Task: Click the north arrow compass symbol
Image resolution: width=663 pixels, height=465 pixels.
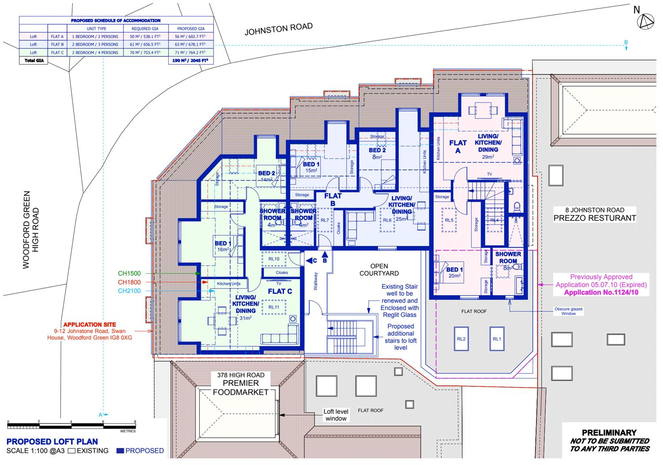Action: coord(645,22)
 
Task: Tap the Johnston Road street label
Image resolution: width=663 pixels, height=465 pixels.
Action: coord(278,29)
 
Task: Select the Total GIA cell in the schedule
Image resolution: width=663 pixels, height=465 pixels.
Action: coord(33,61)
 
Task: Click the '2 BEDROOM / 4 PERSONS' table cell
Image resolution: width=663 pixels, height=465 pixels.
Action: coord(95,53)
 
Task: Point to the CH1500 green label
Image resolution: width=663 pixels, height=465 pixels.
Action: coord(129,274)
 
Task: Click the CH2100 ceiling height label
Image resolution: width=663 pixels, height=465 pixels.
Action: coord(129,291)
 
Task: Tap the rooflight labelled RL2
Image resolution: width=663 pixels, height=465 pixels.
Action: coord(461,339)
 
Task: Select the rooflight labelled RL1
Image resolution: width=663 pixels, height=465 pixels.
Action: coord(496,339)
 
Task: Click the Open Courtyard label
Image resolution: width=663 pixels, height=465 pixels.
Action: coord(379,270)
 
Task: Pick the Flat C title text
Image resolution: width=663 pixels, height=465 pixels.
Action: coord(280,291)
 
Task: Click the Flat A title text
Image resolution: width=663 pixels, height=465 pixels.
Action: coord(458,146)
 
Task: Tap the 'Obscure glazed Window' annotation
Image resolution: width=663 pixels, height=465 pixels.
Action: coord(568,311)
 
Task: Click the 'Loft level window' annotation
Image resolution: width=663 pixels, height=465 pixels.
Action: coord(336,415)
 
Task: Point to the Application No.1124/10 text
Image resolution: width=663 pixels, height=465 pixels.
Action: coord(601,293)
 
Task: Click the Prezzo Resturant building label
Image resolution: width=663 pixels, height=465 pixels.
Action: coord(595,218)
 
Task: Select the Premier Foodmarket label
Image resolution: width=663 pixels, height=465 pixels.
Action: coord(241,388)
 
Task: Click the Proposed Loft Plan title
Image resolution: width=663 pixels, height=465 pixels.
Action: coord(52,441)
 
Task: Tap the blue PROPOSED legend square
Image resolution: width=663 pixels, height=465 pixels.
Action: coord(120,451)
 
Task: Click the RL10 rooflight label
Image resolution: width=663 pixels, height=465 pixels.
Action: coord(274,259)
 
